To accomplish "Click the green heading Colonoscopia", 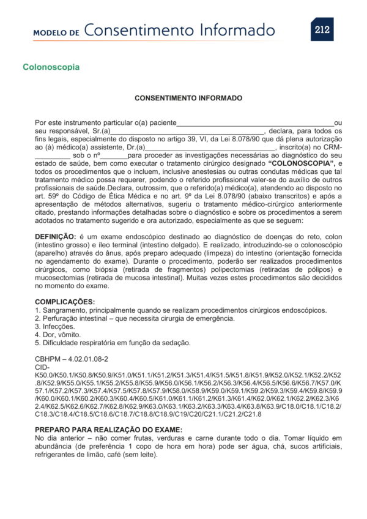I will click(x=51, y=66).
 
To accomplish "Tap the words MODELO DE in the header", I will click(x=56, y=32).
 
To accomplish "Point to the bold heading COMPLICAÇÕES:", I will click(x=65, y=302).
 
